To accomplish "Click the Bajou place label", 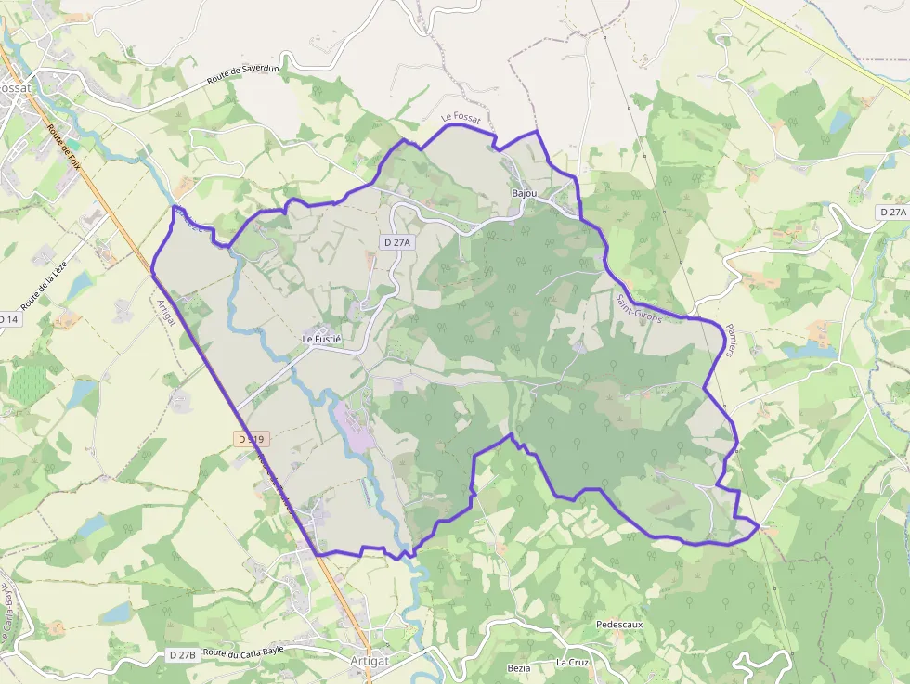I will tap(525, 193).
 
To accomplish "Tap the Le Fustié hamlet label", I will tap(322, 339).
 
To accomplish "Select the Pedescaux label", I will tap(620, 626).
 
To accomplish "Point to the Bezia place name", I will tap(519, 668).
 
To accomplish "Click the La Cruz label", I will tap(572, 663).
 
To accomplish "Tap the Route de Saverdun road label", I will tap(244, 73).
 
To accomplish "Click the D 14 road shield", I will tap(7, 319).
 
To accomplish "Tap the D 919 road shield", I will tap(251, 438).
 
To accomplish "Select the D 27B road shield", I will tap(183, 655).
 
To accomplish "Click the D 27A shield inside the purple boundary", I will tap(396, 241).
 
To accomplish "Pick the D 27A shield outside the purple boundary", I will tap(891, 213).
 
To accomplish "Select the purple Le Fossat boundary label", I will tap(461, 118).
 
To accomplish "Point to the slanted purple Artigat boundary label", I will tap(166, 312).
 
